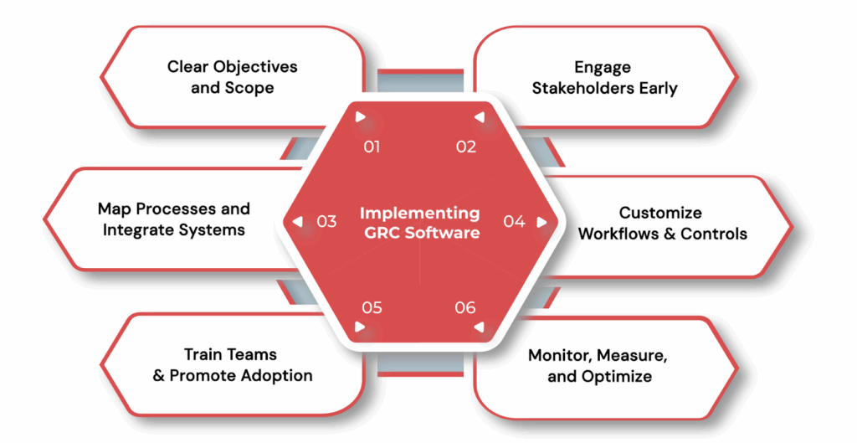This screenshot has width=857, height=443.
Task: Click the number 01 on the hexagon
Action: pos(372,147)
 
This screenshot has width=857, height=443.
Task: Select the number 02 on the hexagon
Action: pos(466,147)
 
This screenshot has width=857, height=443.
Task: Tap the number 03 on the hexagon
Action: pos(326,222)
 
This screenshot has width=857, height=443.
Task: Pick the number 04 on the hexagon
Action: pos(514,222)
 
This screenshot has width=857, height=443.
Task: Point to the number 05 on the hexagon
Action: pos(372,307)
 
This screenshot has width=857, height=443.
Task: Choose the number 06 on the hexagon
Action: pos(466,307)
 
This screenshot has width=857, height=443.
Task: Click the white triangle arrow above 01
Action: pos(360,117)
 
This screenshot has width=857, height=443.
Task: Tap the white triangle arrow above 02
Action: pos(479,117)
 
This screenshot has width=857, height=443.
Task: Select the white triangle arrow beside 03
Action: pos(298,222)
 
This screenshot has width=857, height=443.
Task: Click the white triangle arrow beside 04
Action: pos(541,222)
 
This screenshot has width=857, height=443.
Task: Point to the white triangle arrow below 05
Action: pos(360,327)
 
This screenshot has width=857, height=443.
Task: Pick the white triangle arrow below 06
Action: pos(479,327)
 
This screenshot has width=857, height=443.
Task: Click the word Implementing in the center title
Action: pos(420,214)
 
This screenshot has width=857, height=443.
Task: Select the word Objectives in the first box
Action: pos(256,67)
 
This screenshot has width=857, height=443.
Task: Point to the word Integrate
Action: pos(144,229)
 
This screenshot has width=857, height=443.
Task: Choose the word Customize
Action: pos(660,213)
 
